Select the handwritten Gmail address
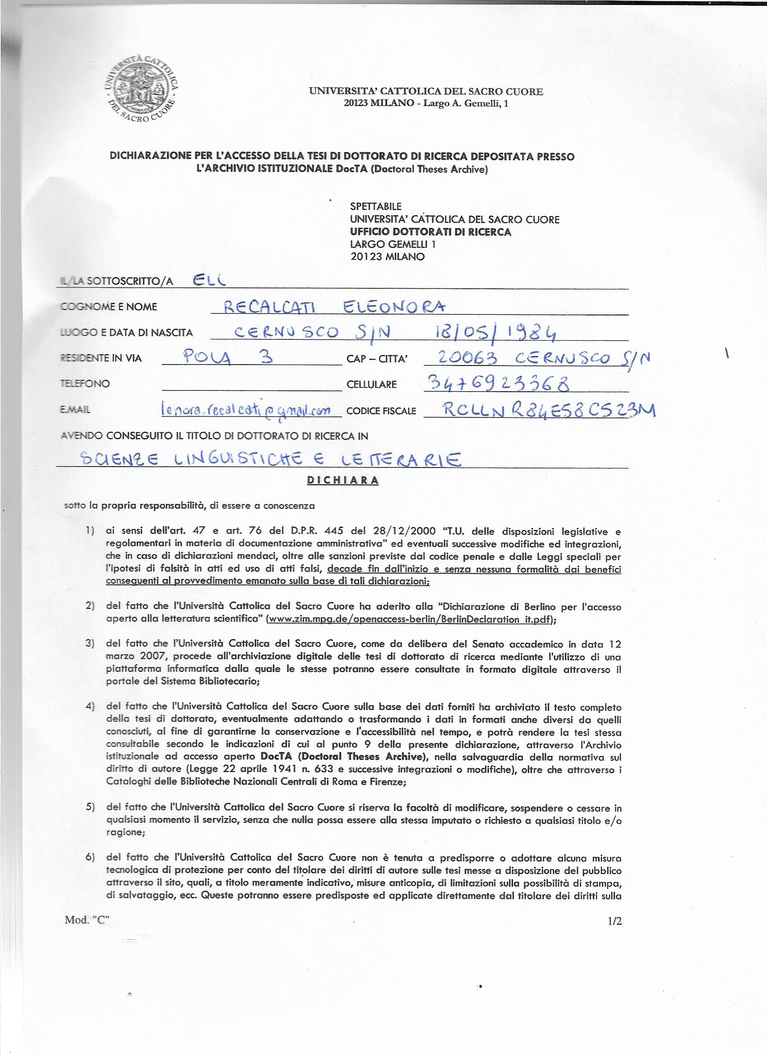click(x=245, y=410)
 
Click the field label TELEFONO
click(x=85, y=384)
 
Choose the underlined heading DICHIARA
click(x=343, y=481)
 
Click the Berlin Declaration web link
click(x=409, y=620)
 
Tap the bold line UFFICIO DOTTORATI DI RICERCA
click(x=430, y=231)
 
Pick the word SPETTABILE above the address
click(x=375, y=206)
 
